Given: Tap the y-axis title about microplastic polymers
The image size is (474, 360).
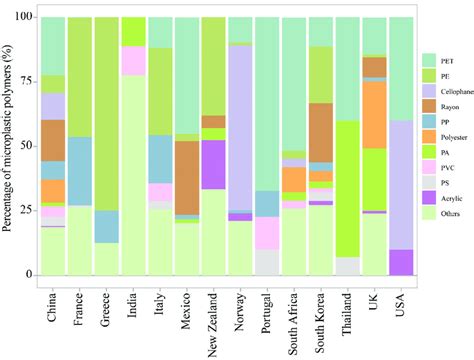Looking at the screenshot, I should (x=9, y=145).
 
